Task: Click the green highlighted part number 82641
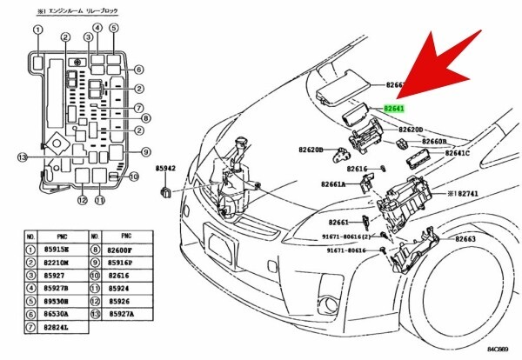[x=396, y=110]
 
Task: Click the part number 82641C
[x=458, y=153]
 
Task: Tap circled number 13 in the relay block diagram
[x=23, y=157]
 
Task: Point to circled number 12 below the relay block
[x=82, y=201]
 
